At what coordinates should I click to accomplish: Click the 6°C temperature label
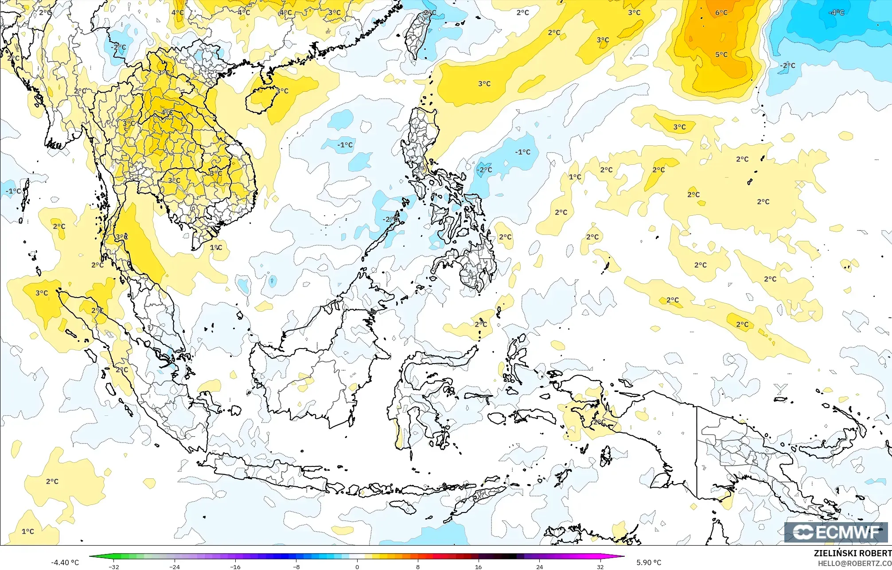[x=721, y=13]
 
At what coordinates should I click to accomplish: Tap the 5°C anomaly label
[x=721, y=55]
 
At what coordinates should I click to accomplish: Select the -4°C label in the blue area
[x=836, y=13]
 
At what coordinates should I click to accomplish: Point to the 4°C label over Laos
[x=167, y=112]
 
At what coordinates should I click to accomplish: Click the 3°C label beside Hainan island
[x=282, y=91]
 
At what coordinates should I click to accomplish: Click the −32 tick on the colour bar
[x=114, y=566]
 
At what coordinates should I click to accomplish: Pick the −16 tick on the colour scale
[x=235, y=566]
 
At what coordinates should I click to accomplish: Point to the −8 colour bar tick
[x=296, y=566]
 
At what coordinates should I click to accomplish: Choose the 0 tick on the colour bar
[x=357, y=566]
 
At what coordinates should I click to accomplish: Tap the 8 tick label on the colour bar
[x=418, y=566]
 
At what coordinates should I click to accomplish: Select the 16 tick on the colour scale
[x=479, y=566]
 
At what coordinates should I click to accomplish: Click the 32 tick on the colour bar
[x=600, y=566]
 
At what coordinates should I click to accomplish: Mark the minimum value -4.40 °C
[x=65, y=562]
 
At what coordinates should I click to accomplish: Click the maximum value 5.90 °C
[x=649, y=562]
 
